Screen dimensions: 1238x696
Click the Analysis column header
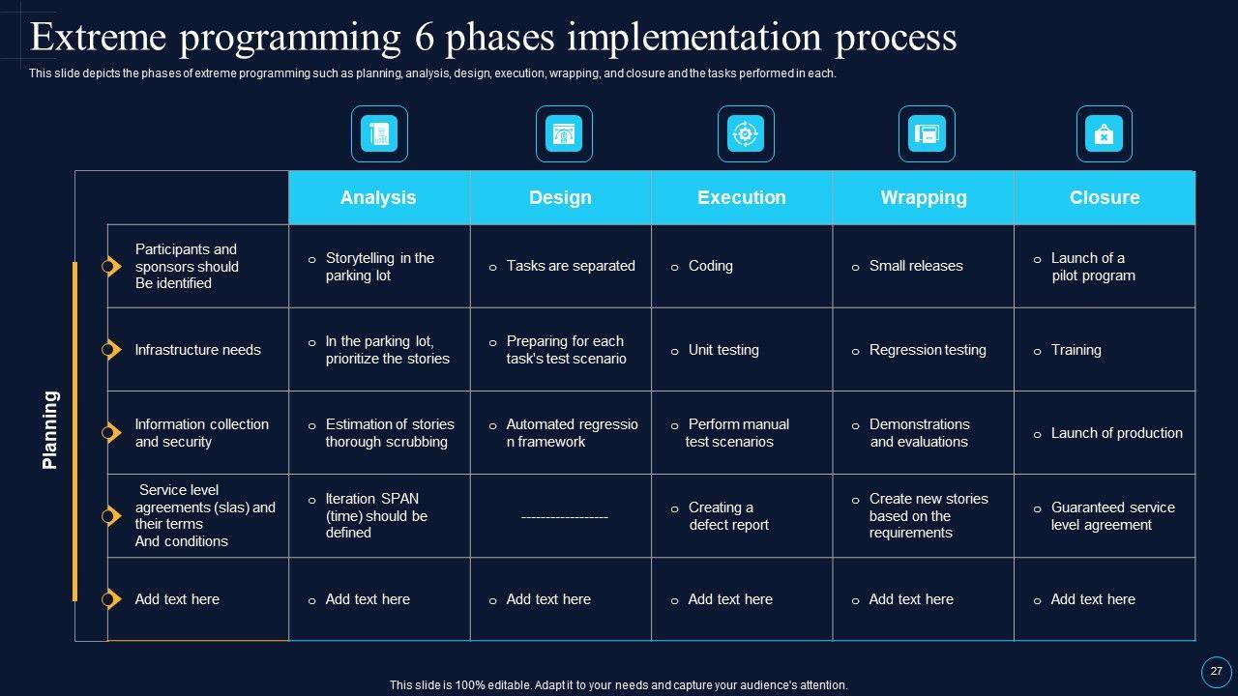[378, 197]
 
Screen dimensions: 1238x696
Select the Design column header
[560, 197]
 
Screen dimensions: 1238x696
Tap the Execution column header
[742, 197]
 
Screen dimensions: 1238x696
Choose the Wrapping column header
[924, 197]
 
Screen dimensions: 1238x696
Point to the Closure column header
[1105, 197]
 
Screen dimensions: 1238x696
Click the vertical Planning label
[50, 430]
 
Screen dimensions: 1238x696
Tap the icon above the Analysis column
[379, 133]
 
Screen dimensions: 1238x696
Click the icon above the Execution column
[746, 133]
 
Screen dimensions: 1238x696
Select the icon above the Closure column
[1104, 133]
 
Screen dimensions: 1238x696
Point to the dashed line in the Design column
[565, 517]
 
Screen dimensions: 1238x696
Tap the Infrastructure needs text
[197, 350]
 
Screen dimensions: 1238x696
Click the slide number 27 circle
[1216, 671]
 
